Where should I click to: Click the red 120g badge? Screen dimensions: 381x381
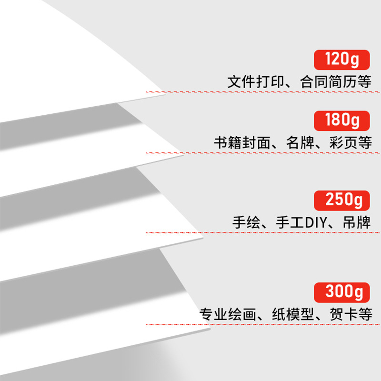[x=341, y=60]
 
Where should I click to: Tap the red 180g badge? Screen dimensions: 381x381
[x=341, y=120]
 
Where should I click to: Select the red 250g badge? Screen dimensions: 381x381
[x=341, y=200]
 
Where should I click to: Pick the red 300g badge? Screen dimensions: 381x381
[x=341, y=291]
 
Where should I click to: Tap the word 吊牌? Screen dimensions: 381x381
[x=357, y=222]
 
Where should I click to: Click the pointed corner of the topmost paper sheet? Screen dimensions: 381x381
[x=165, y=93]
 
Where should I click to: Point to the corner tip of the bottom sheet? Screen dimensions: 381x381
[x=210, y=328]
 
